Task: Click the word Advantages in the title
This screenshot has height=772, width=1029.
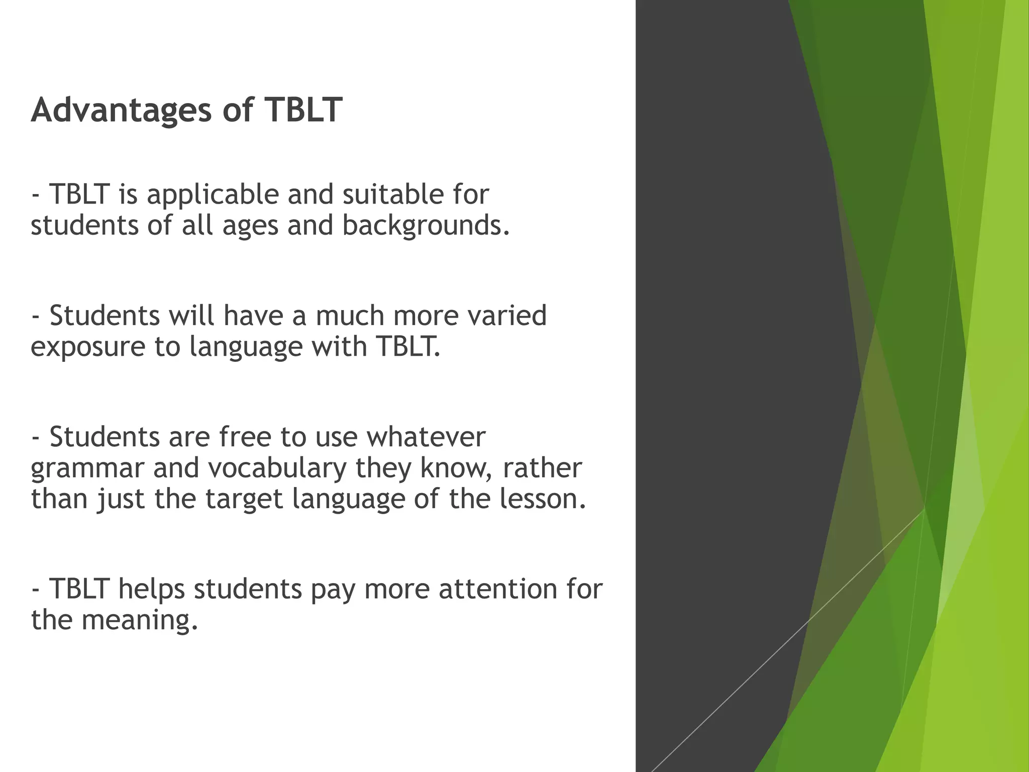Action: pos(121,110)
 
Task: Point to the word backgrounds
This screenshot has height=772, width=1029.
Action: pos(426,226)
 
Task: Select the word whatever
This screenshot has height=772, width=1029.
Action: pos(426,436)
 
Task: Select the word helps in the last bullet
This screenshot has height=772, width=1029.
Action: pos(151,590)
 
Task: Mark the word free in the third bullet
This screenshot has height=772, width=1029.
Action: pos(245,436)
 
